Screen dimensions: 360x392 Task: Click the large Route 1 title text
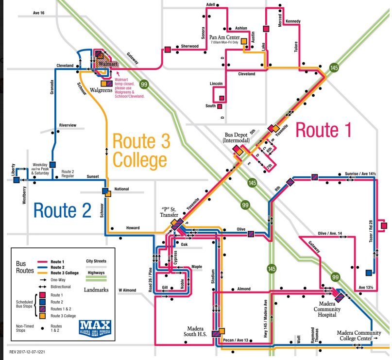pos(323,131)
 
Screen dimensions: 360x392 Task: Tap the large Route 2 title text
pos(62,210)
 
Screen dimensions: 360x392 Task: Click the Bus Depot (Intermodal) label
pos(236,137)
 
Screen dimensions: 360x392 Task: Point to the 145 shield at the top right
pos(333,69)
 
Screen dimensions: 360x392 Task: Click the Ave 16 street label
pos(38,13)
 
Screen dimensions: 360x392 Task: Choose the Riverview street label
pos(68,125)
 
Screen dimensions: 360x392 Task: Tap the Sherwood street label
pos(189,46)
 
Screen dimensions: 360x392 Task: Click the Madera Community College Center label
pos(356,335)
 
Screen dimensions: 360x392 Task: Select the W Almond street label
pos(128,291)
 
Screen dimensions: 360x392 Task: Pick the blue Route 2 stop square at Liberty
pos(17,180)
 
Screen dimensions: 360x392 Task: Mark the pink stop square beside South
pos(221,105)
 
